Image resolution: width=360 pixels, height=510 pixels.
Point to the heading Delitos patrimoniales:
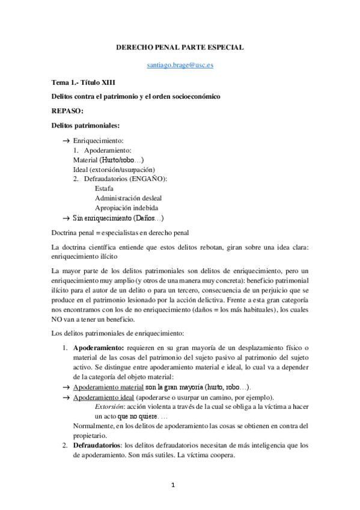(85, 125)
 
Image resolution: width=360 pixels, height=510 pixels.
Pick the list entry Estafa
(105, 188)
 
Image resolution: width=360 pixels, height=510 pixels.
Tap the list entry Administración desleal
(128, 198)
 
